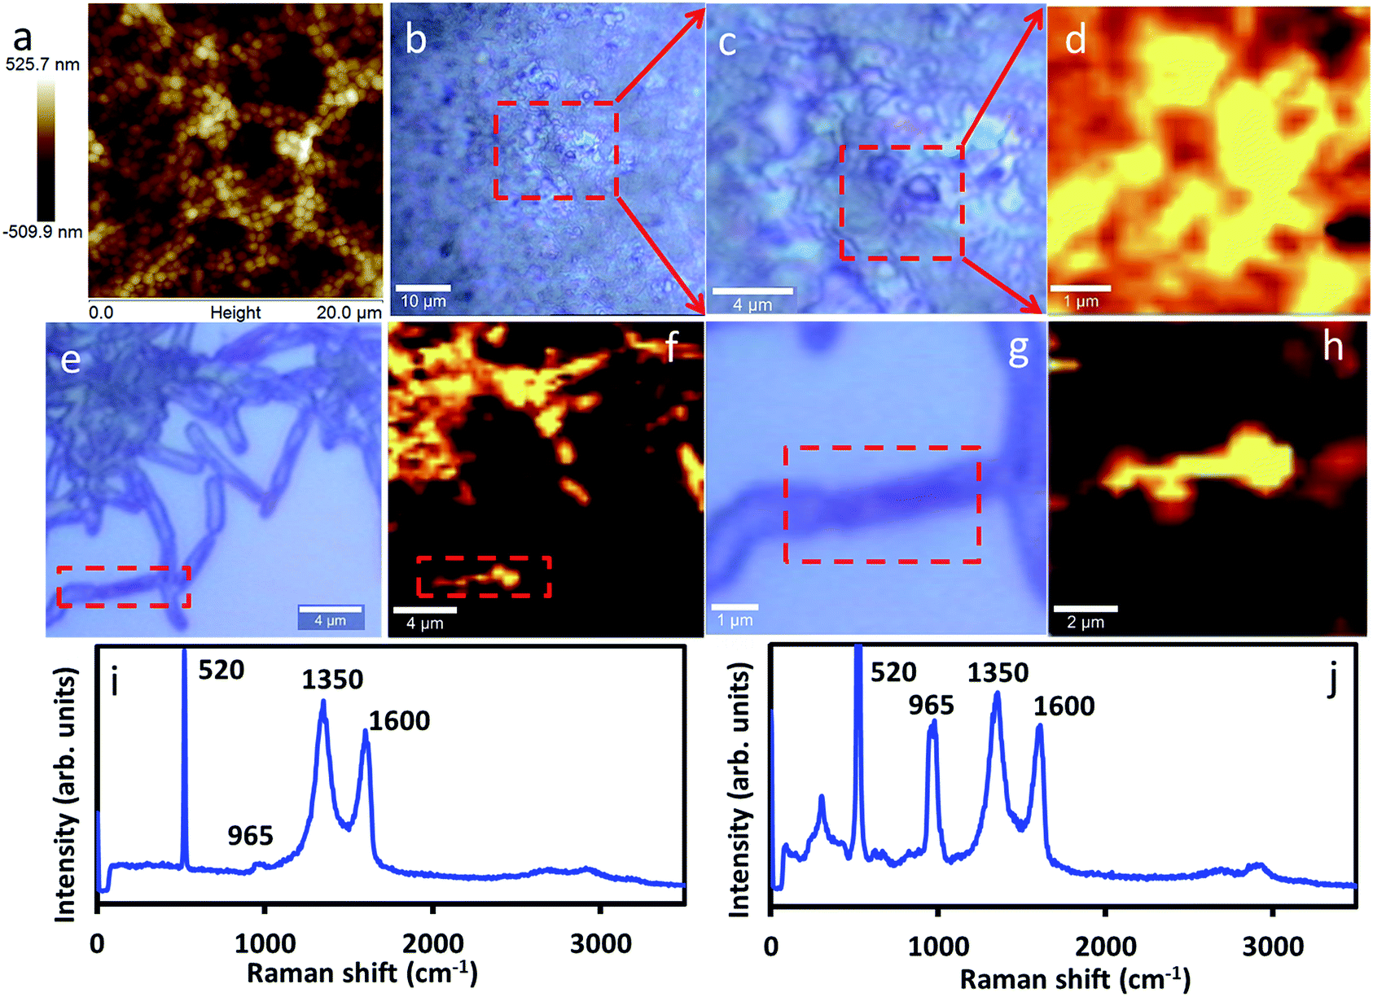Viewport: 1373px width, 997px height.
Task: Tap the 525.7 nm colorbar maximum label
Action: pos(42,64)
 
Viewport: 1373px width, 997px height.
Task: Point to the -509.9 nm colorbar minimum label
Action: pos(42,232)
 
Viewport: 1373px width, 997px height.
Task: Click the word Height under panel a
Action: pos(235,313)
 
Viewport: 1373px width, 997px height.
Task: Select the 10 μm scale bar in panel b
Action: pos(423,288)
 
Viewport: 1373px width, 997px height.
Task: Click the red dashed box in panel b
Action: pos(556,150)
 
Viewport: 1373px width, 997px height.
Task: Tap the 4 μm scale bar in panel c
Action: pos(752,291)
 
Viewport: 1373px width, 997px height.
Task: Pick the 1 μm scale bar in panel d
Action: pos(1080,288)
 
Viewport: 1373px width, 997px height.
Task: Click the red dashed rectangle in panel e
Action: pos(124,587)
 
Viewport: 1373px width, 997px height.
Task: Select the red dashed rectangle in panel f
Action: pos(484,577)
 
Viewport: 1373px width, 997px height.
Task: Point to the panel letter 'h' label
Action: pos(1332,347)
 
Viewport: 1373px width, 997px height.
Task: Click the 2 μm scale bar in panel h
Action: pos(1086,608)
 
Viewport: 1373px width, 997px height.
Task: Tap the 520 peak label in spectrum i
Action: pos(222,670)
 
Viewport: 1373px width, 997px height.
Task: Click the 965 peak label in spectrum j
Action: pos(931,705)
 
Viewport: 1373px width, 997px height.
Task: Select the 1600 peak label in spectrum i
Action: pos(399,720)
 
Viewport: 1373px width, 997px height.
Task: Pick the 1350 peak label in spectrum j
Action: pos(998,673)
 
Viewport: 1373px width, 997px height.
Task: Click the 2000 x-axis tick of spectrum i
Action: pos(432,944)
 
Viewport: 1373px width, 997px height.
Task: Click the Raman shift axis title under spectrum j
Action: pos(1074,978)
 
